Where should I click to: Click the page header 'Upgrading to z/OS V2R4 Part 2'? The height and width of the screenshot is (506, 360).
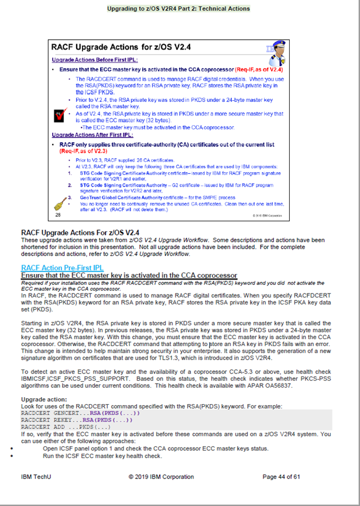pyautogui.click(x=179, y=9)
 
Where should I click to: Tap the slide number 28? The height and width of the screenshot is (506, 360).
pyautogui.click(x=58, y=215)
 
